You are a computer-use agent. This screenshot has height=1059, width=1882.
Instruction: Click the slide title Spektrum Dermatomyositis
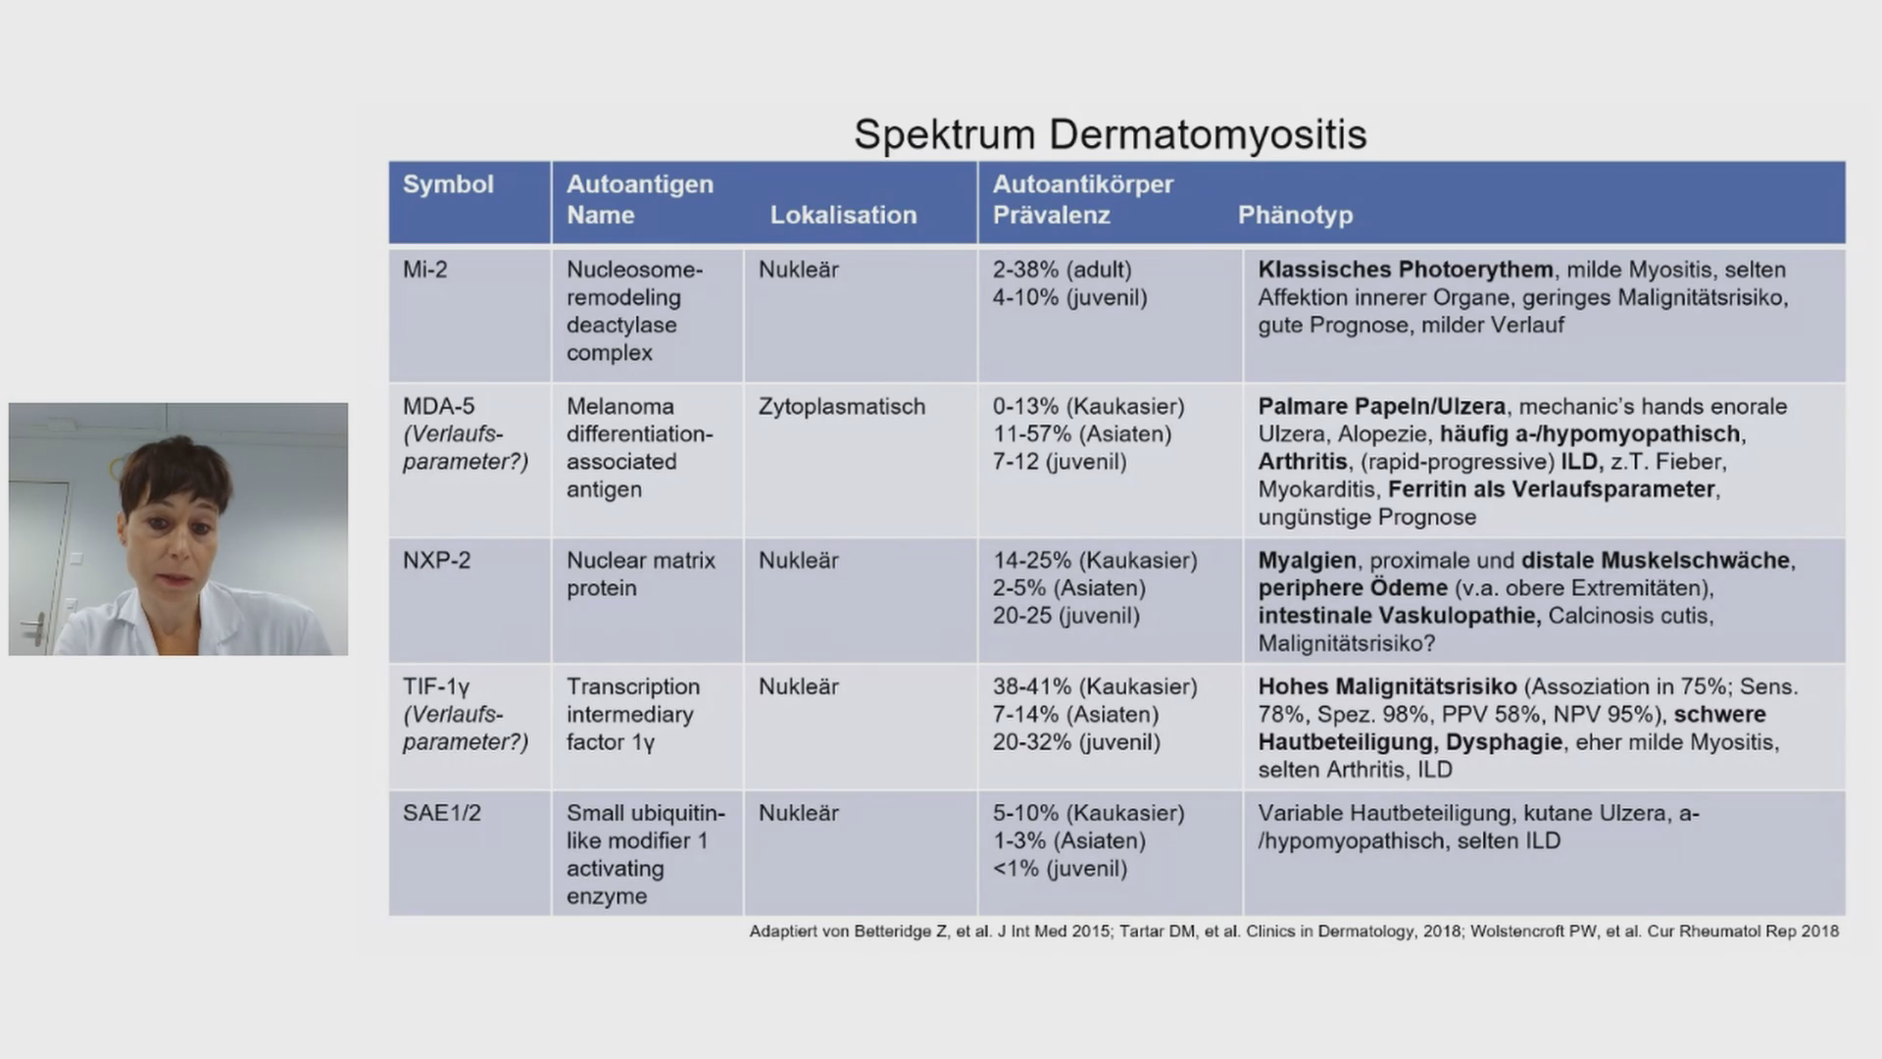tap(1110, 134)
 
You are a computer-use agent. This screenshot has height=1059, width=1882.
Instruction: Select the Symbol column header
tap(448, 184)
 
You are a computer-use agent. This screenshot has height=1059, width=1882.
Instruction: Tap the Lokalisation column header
tap(843, 215)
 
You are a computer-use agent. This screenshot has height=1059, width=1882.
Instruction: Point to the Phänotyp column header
tap(1295, 215)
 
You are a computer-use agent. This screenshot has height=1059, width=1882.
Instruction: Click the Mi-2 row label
tap(424, 270)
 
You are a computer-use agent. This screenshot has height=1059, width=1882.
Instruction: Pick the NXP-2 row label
tap(436, 561)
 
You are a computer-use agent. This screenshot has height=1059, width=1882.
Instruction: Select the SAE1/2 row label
tap(441, 813)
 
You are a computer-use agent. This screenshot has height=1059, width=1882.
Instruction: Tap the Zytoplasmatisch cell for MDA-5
tap(841, 406)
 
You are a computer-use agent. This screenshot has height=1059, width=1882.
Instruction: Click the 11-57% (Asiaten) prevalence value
tap(1081, 434)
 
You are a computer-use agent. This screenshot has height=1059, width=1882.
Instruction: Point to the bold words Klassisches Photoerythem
tap(1405, 270)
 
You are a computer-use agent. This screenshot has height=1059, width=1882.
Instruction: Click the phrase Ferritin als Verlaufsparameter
tap(1552, 489)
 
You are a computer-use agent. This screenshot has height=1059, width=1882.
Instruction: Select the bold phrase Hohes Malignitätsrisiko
tap(1387, 686)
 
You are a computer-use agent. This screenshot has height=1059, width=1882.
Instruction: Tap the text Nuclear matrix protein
tap(640, 575)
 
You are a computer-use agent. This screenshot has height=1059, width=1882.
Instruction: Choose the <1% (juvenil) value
tap(1060, 869)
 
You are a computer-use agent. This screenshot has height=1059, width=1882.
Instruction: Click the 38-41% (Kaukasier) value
tap(1094, 686)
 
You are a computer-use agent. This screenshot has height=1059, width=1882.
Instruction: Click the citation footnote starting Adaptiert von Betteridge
tap(1294, 932)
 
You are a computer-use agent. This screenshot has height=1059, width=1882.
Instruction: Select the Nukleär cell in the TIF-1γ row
tap(798, 686)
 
